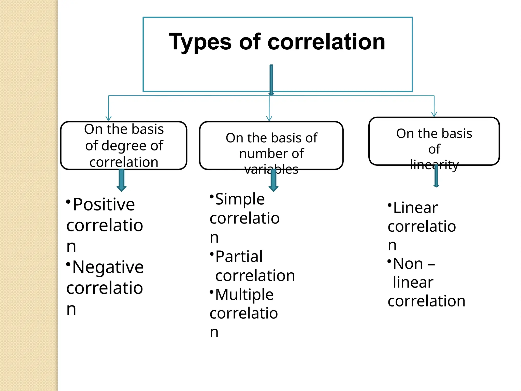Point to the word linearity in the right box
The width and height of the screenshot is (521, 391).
pos(434,165)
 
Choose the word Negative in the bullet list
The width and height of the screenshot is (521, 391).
pos(108,267)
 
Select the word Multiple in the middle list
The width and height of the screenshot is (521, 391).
pos(244,295)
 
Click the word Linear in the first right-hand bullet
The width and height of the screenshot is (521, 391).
pos(415,208)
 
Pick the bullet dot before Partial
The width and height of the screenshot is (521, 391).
pos(212,254)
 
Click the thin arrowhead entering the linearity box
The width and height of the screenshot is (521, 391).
pos(434,114)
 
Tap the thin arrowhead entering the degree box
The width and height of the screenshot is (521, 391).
pos(109,119)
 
